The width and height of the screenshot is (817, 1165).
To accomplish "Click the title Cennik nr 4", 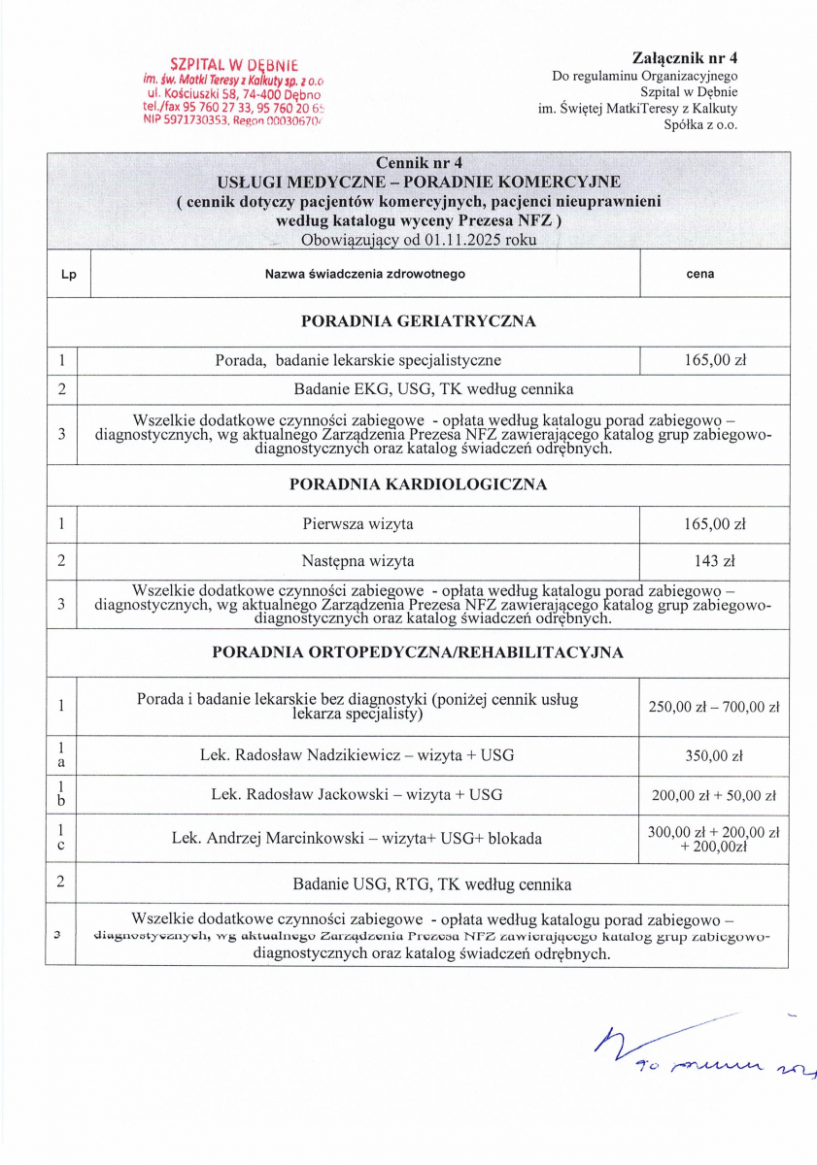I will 418,163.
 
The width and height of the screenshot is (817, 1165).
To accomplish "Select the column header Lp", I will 68,275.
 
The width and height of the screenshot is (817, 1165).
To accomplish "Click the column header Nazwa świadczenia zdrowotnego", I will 365,275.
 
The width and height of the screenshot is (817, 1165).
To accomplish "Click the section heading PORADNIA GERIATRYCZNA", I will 418,321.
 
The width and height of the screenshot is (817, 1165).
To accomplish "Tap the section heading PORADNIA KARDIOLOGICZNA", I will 418,483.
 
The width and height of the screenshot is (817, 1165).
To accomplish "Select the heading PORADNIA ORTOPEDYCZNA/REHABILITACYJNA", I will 418,652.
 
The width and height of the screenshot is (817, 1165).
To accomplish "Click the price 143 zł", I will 714,561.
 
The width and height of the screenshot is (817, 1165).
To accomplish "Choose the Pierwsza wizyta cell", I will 357,524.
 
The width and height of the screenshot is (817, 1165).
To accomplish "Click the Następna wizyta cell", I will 357,561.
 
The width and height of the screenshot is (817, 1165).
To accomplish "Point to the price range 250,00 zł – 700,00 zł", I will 714,707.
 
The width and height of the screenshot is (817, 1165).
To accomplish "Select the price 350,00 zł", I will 714,753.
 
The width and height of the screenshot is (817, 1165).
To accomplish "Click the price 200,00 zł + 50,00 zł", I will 714,795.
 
